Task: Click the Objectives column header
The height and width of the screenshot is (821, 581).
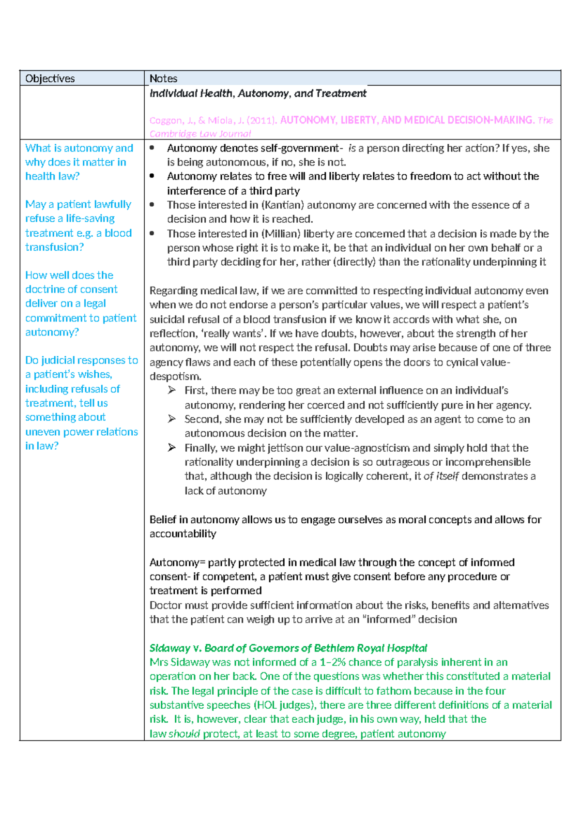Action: (x=50, y=78)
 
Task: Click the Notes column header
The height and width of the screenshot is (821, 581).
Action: (x=163, y=78)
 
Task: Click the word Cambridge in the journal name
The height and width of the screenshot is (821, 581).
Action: (x=171, y=134)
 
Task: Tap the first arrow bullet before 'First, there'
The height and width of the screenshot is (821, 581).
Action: (x=171, y=390)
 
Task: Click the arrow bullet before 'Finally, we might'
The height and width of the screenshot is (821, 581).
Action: (x=171, y=448)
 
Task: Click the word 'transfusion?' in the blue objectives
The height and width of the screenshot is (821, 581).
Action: (x=54, y=247)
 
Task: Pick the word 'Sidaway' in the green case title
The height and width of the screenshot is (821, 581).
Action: (x=169, y=648)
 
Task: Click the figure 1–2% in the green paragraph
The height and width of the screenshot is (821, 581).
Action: (x=332, y=662)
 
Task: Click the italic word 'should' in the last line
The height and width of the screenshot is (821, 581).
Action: (x=184, y=733)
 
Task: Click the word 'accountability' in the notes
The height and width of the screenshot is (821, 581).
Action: (x=183, y=533)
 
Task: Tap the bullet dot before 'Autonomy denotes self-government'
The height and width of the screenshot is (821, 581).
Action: (x=152, y=148)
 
